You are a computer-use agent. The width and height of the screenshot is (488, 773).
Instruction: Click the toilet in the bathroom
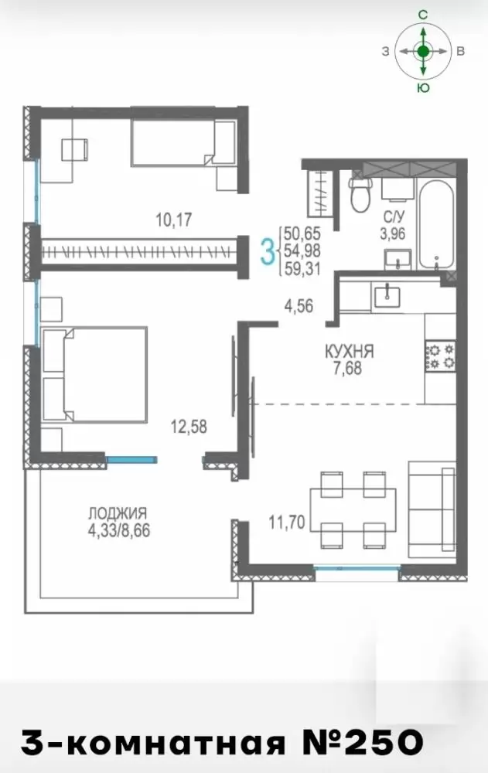pos(360,194)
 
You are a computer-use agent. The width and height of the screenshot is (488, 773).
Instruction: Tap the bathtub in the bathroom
pos(435,224)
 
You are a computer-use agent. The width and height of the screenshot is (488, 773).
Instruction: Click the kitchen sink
pos(387,296)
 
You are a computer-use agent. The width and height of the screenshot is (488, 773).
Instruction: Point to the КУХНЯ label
pos(350,352)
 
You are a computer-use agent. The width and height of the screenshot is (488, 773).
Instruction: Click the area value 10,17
pos(174,220)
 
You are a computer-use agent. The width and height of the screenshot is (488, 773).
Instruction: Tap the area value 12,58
pos(189,427)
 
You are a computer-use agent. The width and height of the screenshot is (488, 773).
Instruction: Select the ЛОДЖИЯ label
pos(118,513)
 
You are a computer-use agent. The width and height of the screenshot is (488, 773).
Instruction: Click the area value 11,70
pos(287,521)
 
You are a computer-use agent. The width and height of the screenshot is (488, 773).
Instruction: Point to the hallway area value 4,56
pos(299,306)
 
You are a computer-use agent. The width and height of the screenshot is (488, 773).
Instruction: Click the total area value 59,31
pos(302,269)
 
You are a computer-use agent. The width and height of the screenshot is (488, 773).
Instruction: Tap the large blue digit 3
pos(267,251)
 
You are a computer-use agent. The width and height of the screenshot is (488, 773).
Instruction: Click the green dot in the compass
pos(423,51)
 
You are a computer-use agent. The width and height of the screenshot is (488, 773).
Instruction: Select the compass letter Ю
pos(423,88)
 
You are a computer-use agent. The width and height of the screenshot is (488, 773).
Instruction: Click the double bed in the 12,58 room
pos(94,374)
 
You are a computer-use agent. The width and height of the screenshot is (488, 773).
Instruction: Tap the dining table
pos(353,509)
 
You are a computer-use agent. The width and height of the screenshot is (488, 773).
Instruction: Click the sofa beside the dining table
pos(432,509)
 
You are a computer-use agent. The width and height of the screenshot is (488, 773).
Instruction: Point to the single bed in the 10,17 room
pos(183,143)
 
